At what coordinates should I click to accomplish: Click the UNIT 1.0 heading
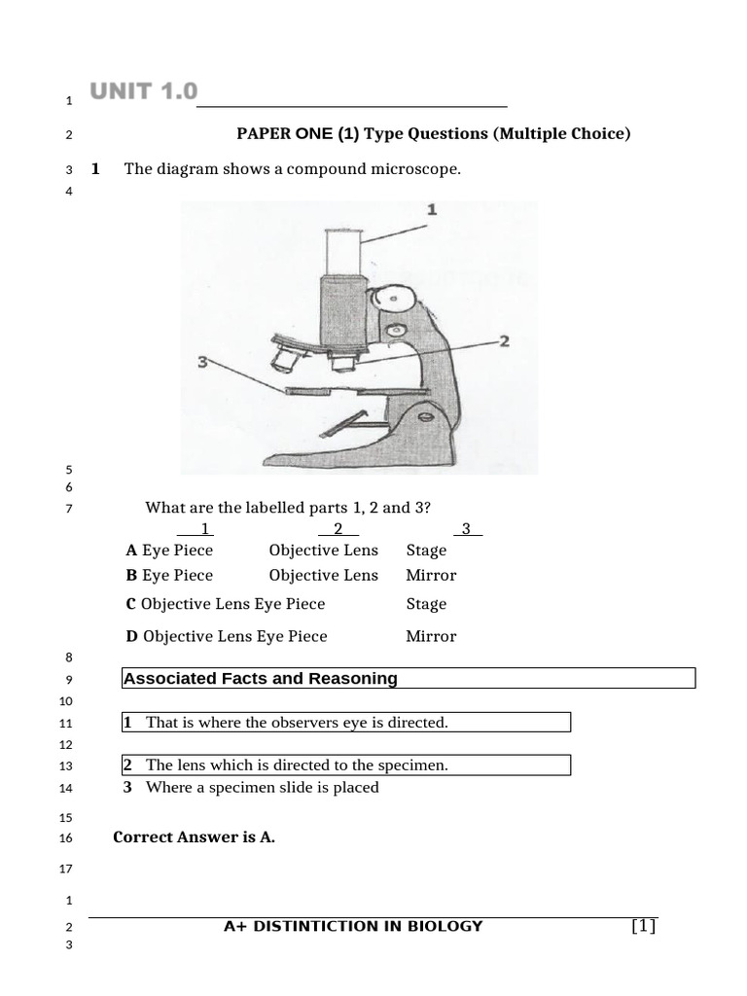pyautogui.click(x=143, y=92)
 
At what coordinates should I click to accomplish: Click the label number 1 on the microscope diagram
pyautogui.click(x=432, y=210)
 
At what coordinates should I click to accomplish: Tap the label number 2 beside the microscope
pyautogui.click(x=504, y=340)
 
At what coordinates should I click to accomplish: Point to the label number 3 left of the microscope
pyautogui.click(x=202, y=362)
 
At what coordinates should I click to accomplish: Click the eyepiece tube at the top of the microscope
pyautogui.click(x=343, y=251)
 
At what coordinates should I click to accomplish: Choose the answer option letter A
pyautogui.click(x=131, y=551)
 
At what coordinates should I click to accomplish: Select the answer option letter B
pyautogui.click(x=131, y=576)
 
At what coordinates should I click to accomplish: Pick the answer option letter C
pyautogui.click(x=131, y=605)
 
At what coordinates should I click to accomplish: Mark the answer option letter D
pyautogui.click(x=132, y=637)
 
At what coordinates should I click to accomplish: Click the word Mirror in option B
pyautogui.click(x=431, y=576)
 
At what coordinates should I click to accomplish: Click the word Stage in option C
pyautogui.click(x=426, y=605)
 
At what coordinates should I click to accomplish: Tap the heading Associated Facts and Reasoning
pyautogui.click(x=261, y=679)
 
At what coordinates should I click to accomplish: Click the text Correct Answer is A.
pyautogui.click(x=195, y=837)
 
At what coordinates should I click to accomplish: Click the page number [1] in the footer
pyautogui.click(x=644, y=927)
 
